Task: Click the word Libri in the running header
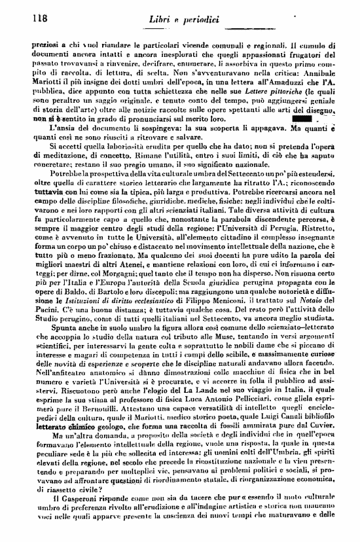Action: [x=163, y=20]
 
